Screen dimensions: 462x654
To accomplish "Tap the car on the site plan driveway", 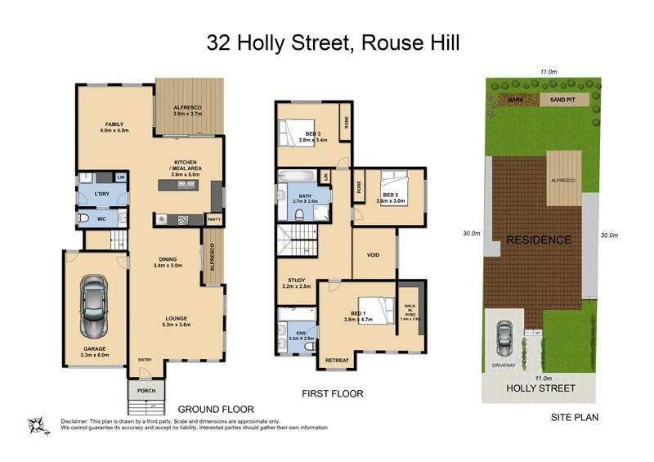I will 505,332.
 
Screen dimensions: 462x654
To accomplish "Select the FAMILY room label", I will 114,123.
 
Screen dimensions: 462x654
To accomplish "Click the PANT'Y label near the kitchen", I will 215,219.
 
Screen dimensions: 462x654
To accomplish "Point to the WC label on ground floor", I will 102,218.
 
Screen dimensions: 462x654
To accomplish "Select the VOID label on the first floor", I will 373,255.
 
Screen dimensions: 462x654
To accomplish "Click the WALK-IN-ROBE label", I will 410,309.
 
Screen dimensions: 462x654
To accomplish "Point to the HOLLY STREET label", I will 540,388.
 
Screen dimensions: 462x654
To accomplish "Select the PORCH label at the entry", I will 146,390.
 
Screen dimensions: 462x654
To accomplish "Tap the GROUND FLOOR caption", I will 216,409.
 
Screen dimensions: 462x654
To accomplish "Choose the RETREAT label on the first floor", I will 338,361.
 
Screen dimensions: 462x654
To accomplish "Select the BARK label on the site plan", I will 515,100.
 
